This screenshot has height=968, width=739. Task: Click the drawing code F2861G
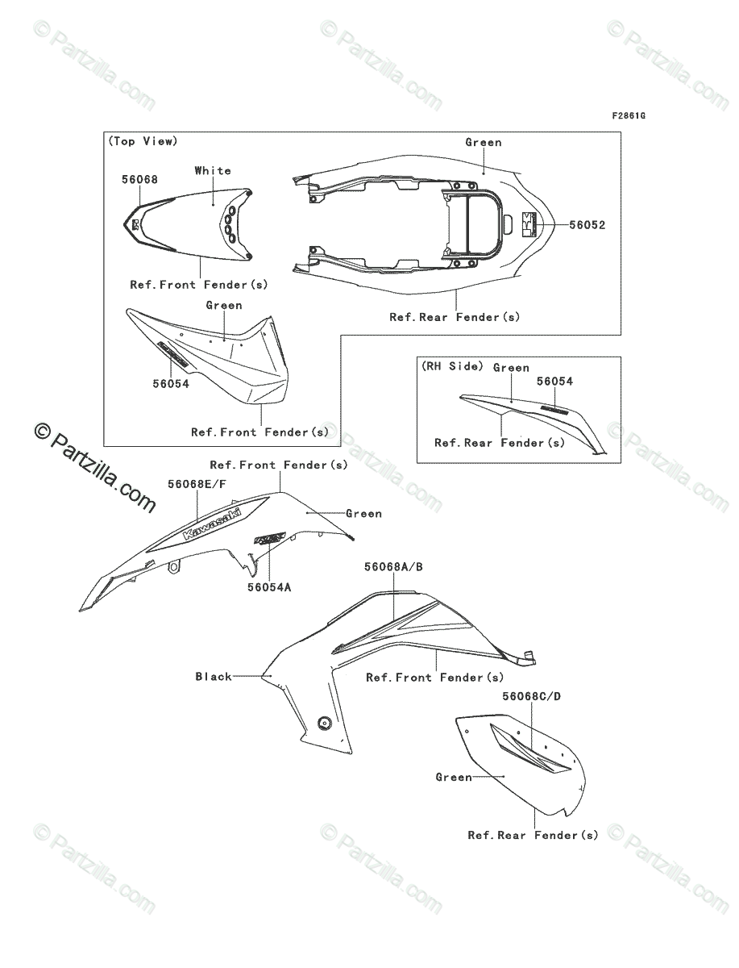click(629, 116)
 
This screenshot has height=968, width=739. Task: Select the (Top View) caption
click(142, 141)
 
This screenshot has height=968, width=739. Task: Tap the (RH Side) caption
click(452, 366)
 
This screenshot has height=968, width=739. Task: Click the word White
click(213, 170)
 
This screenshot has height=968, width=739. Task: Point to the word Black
click(214, 677)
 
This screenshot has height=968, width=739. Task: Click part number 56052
click(587, 226)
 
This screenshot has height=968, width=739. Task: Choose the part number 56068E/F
click(197, 484)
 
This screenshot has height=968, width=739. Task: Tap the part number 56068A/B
click(393, 567)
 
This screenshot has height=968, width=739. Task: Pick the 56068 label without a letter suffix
click(139, 180)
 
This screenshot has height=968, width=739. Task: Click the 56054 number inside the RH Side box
click(555, 382)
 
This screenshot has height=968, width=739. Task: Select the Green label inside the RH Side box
click(511, 368)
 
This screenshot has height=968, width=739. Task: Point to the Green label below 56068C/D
click(454, 778)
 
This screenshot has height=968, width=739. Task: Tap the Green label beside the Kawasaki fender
click(363, 513)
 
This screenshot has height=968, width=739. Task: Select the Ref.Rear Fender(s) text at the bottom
click(533, 836)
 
